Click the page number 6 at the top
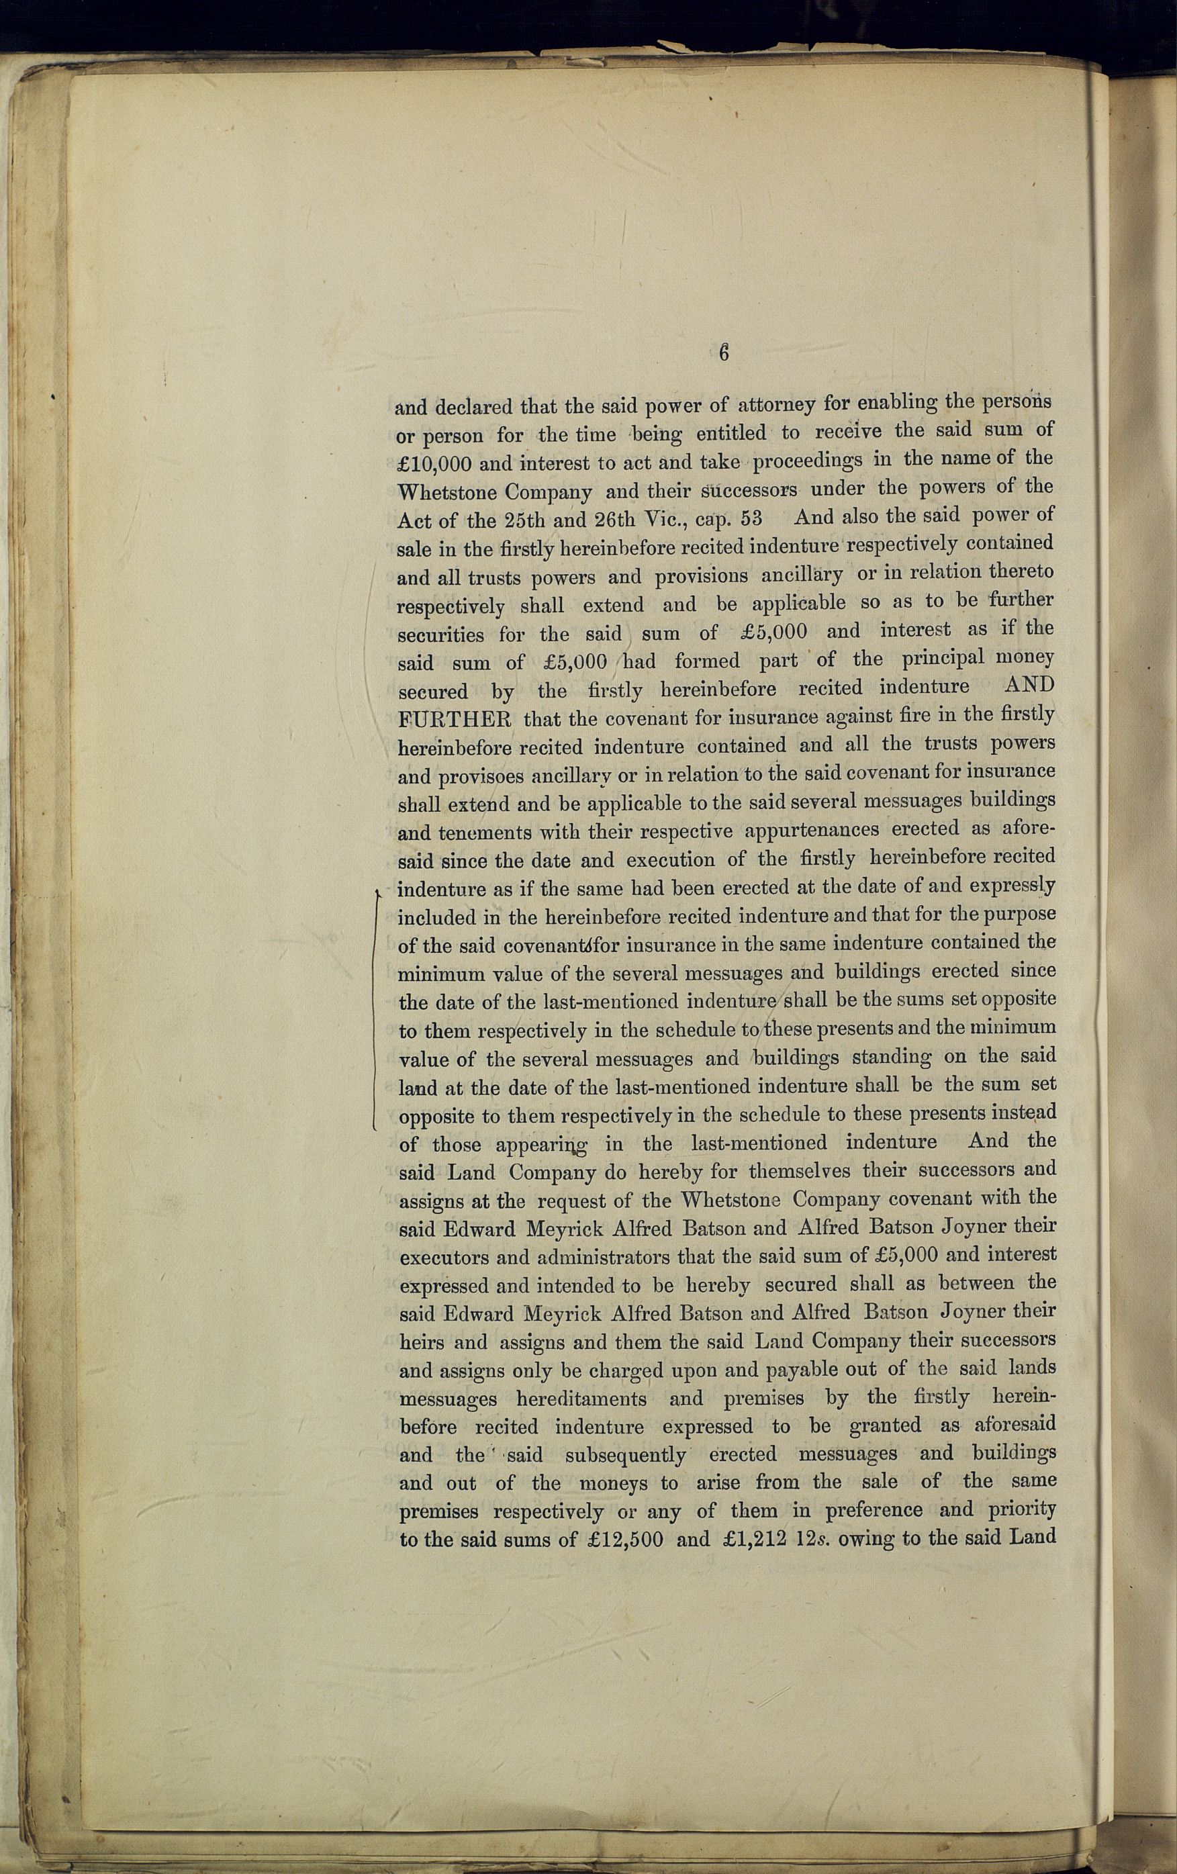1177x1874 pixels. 724,353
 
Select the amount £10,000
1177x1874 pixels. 434,464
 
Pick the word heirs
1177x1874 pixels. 421,1342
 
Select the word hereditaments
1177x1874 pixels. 581,1399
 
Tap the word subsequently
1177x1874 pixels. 625,1454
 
